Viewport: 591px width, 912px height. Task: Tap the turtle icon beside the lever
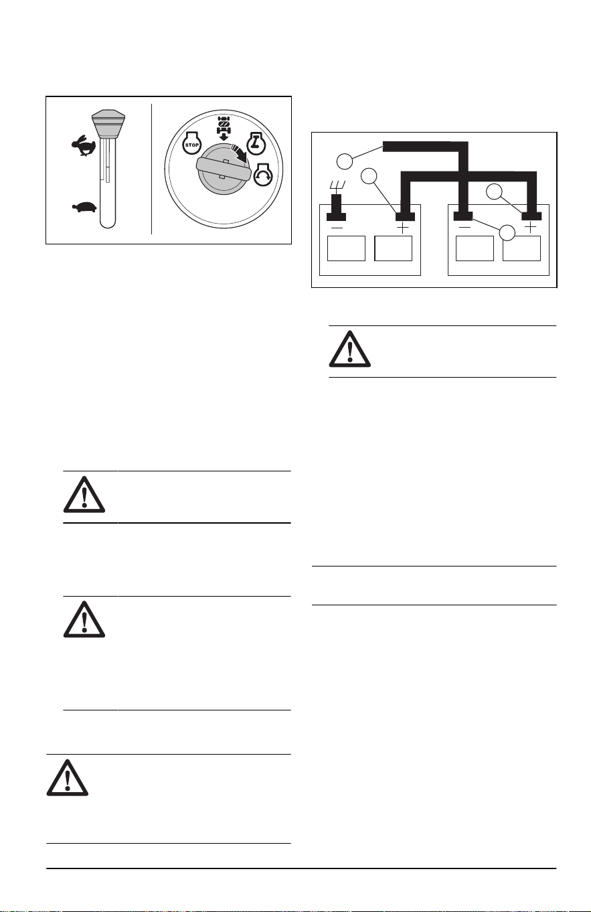click(84, 207)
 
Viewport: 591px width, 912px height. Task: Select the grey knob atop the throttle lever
click(108, 123)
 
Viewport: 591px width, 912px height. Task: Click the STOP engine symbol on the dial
click(191, 143)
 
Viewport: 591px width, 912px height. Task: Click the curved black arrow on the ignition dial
click(239, 155)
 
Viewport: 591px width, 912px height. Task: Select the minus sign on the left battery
click(337, 228)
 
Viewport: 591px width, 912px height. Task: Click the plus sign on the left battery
click(402, 228)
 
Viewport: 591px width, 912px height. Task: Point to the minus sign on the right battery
click(465, 228)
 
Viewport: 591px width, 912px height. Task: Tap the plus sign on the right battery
click(531, 227)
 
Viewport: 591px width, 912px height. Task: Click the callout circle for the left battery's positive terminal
click(369, 176)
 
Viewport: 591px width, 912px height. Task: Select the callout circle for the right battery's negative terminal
click(507, 233)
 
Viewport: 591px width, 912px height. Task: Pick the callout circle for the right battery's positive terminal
click(495, 192)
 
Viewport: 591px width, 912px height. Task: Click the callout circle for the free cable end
click(344, 161)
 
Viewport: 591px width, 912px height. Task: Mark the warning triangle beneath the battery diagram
click(349, 349)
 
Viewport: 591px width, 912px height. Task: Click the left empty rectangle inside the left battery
click(347, 248)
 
